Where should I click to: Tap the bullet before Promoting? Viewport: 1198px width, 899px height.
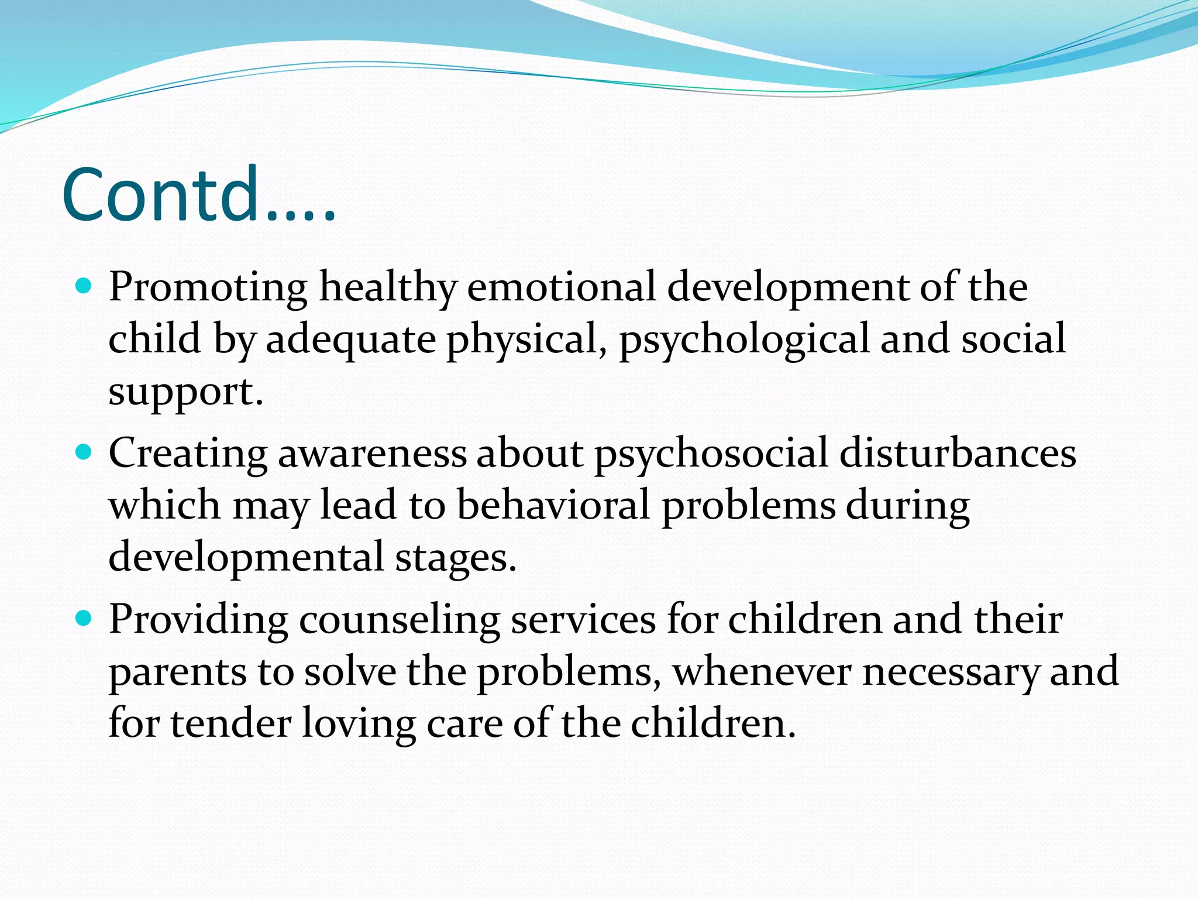click(85, 286)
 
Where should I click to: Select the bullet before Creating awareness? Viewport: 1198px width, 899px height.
click(85, 452)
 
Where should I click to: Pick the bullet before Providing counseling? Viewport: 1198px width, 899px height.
click(85, 618)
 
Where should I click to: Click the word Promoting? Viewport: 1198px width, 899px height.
click(208, 288)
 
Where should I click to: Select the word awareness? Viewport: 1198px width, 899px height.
click(372, 454)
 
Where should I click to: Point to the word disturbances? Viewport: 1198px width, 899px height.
click(958, 453)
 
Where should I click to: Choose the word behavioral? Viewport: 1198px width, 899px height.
click(553, 505)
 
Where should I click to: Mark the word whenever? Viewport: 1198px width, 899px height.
click(762, 672)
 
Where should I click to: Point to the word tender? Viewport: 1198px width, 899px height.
click(230, 723)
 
